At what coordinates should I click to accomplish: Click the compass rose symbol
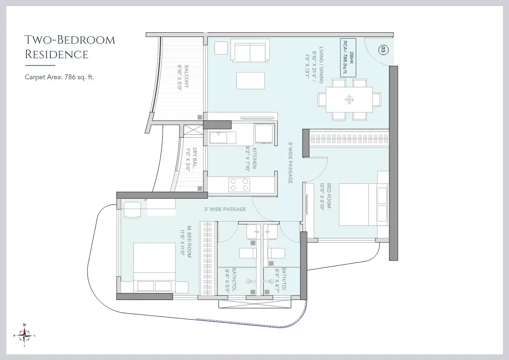pyautogui.click(x=25, y=335)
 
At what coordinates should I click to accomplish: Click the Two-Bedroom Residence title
pyautogui.click(x=69, y=47)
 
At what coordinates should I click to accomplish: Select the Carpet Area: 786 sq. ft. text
pyautogui.click(x=59, y=77)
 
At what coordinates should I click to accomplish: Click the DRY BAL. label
pyautogui.click(x=192, y=160)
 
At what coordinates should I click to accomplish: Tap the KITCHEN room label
pyautogui.click(x=251, y=160)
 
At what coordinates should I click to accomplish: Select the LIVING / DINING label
pyautogui.click(x=315, y=65)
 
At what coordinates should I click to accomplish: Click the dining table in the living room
pyautogui.click(x=349, y=99)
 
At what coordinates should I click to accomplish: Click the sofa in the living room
pyautogui.click(x=250, y=50)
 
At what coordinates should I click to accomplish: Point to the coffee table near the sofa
pyautogui.click(x=250, y=81)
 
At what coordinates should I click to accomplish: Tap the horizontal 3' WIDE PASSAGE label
pyautogui.click(x=225, y=209)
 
